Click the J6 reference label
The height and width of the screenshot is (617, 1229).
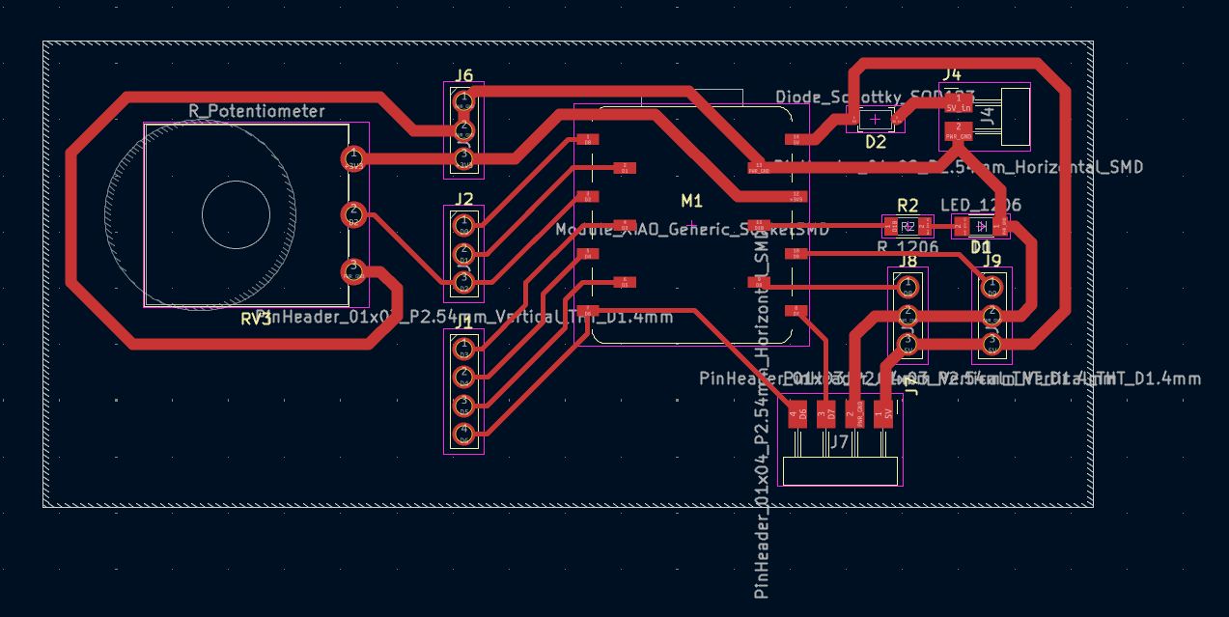(x=463, y=75)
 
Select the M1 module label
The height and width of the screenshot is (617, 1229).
(x=691, y=201)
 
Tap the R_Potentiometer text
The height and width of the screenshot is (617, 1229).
(x=257, y=111)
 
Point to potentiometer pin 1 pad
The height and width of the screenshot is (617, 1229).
(x=353, y=157)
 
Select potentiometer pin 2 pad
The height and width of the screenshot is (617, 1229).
(x=353, y=213)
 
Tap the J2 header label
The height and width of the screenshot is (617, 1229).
(x=464, y=200)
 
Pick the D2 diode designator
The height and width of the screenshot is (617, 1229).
(x=875, y=142)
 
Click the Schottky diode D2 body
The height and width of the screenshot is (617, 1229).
(x=876, y=119)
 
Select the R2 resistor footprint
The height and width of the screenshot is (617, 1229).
(x=908, y=227)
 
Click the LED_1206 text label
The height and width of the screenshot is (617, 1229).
(x=980, y=205)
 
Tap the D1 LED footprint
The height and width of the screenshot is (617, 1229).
(x=981, y=227)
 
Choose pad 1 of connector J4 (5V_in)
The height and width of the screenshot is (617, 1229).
(x=958, y=101)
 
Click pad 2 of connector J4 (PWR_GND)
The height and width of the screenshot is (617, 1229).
(x=958, y=131)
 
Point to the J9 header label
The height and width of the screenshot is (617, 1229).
(x=992, y=259)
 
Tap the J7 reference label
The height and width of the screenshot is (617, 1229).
(x=839, y=442)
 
